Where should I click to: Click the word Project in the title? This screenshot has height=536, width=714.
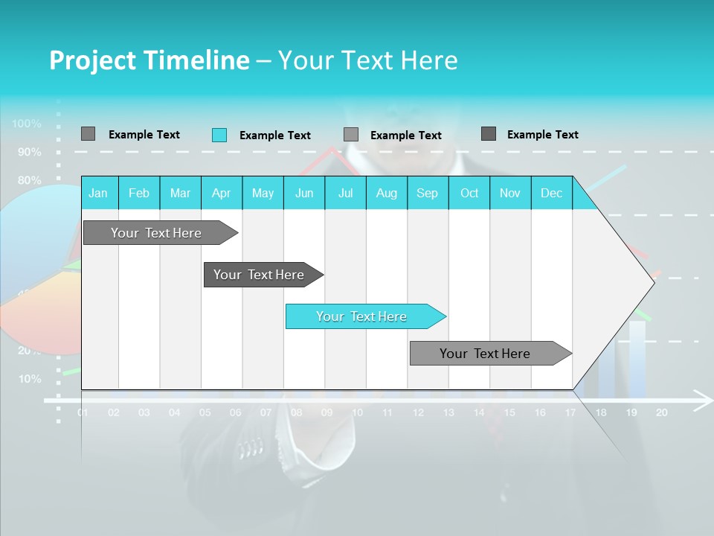[x=92, y=60]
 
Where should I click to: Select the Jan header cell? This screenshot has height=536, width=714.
[x=98, y=193]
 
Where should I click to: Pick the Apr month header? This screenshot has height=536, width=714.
[x=221, y=193]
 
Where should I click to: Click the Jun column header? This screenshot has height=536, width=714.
[x=303, y=193]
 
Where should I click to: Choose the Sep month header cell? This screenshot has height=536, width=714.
[x=427, y=193]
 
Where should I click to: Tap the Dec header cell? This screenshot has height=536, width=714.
[x=551, y=193]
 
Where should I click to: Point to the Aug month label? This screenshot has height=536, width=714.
[x=386, y=193]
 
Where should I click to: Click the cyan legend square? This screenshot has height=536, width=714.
[x=219, y=135]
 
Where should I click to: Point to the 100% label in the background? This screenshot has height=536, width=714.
[x=27, y=124]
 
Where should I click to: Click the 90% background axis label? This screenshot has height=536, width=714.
[x=29, y=152]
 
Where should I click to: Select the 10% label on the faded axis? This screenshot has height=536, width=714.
[x=29, y=378]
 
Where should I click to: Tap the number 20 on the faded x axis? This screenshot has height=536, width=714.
[x=661, y=412]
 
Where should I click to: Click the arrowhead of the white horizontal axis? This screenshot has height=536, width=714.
[x=703, y=400]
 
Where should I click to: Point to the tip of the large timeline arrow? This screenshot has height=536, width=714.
[x=653, y=281]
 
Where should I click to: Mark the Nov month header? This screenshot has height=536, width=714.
[x=509, y=193]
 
